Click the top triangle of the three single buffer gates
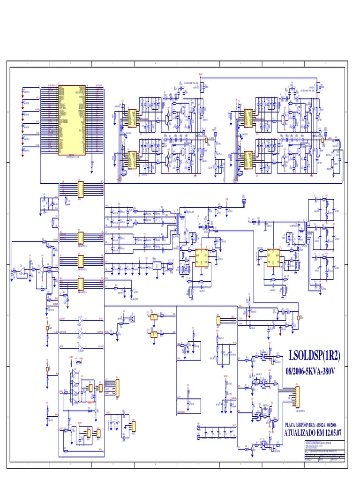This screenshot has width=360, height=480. click(x=80, y=320)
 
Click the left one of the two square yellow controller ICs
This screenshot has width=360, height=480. click(x=202, y=258)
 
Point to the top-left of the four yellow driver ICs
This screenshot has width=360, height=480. click(x=132, y=118)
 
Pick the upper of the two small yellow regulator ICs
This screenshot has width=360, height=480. click(x=153, y=317)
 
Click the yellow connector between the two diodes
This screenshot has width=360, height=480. click(x=218, y=321)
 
